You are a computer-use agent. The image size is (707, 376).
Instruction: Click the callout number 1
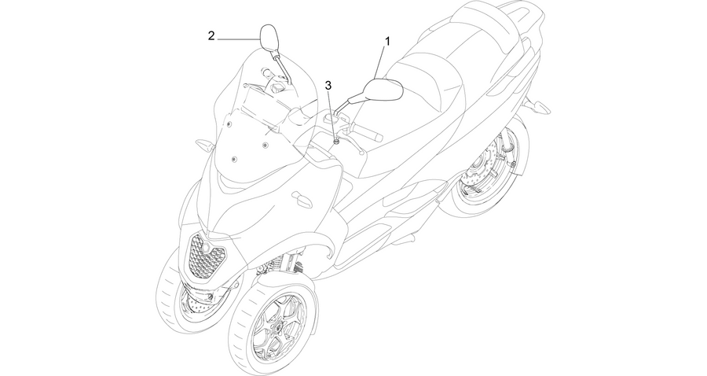[386, 41]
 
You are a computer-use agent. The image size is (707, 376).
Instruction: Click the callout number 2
[211, 35]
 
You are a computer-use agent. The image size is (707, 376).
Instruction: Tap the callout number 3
[328, 85]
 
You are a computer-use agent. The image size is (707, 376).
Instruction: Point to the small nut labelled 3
[336, 142]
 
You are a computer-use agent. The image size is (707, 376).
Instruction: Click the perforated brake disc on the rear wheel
[479, 171]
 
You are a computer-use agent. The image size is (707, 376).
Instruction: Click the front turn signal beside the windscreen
[205, 146]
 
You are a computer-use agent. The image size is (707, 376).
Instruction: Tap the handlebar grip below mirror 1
[367, 132]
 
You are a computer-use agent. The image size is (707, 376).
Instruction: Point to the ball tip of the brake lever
[361, 153]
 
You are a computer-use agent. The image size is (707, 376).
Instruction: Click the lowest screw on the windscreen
[233, 160]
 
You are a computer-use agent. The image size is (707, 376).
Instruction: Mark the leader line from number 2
[240, 39]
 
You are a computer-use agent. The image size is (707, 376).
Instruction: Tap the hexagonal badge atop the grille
[206, 247]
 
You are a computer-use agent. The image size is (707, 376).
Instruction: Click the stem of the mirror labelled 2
[282, 68]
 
